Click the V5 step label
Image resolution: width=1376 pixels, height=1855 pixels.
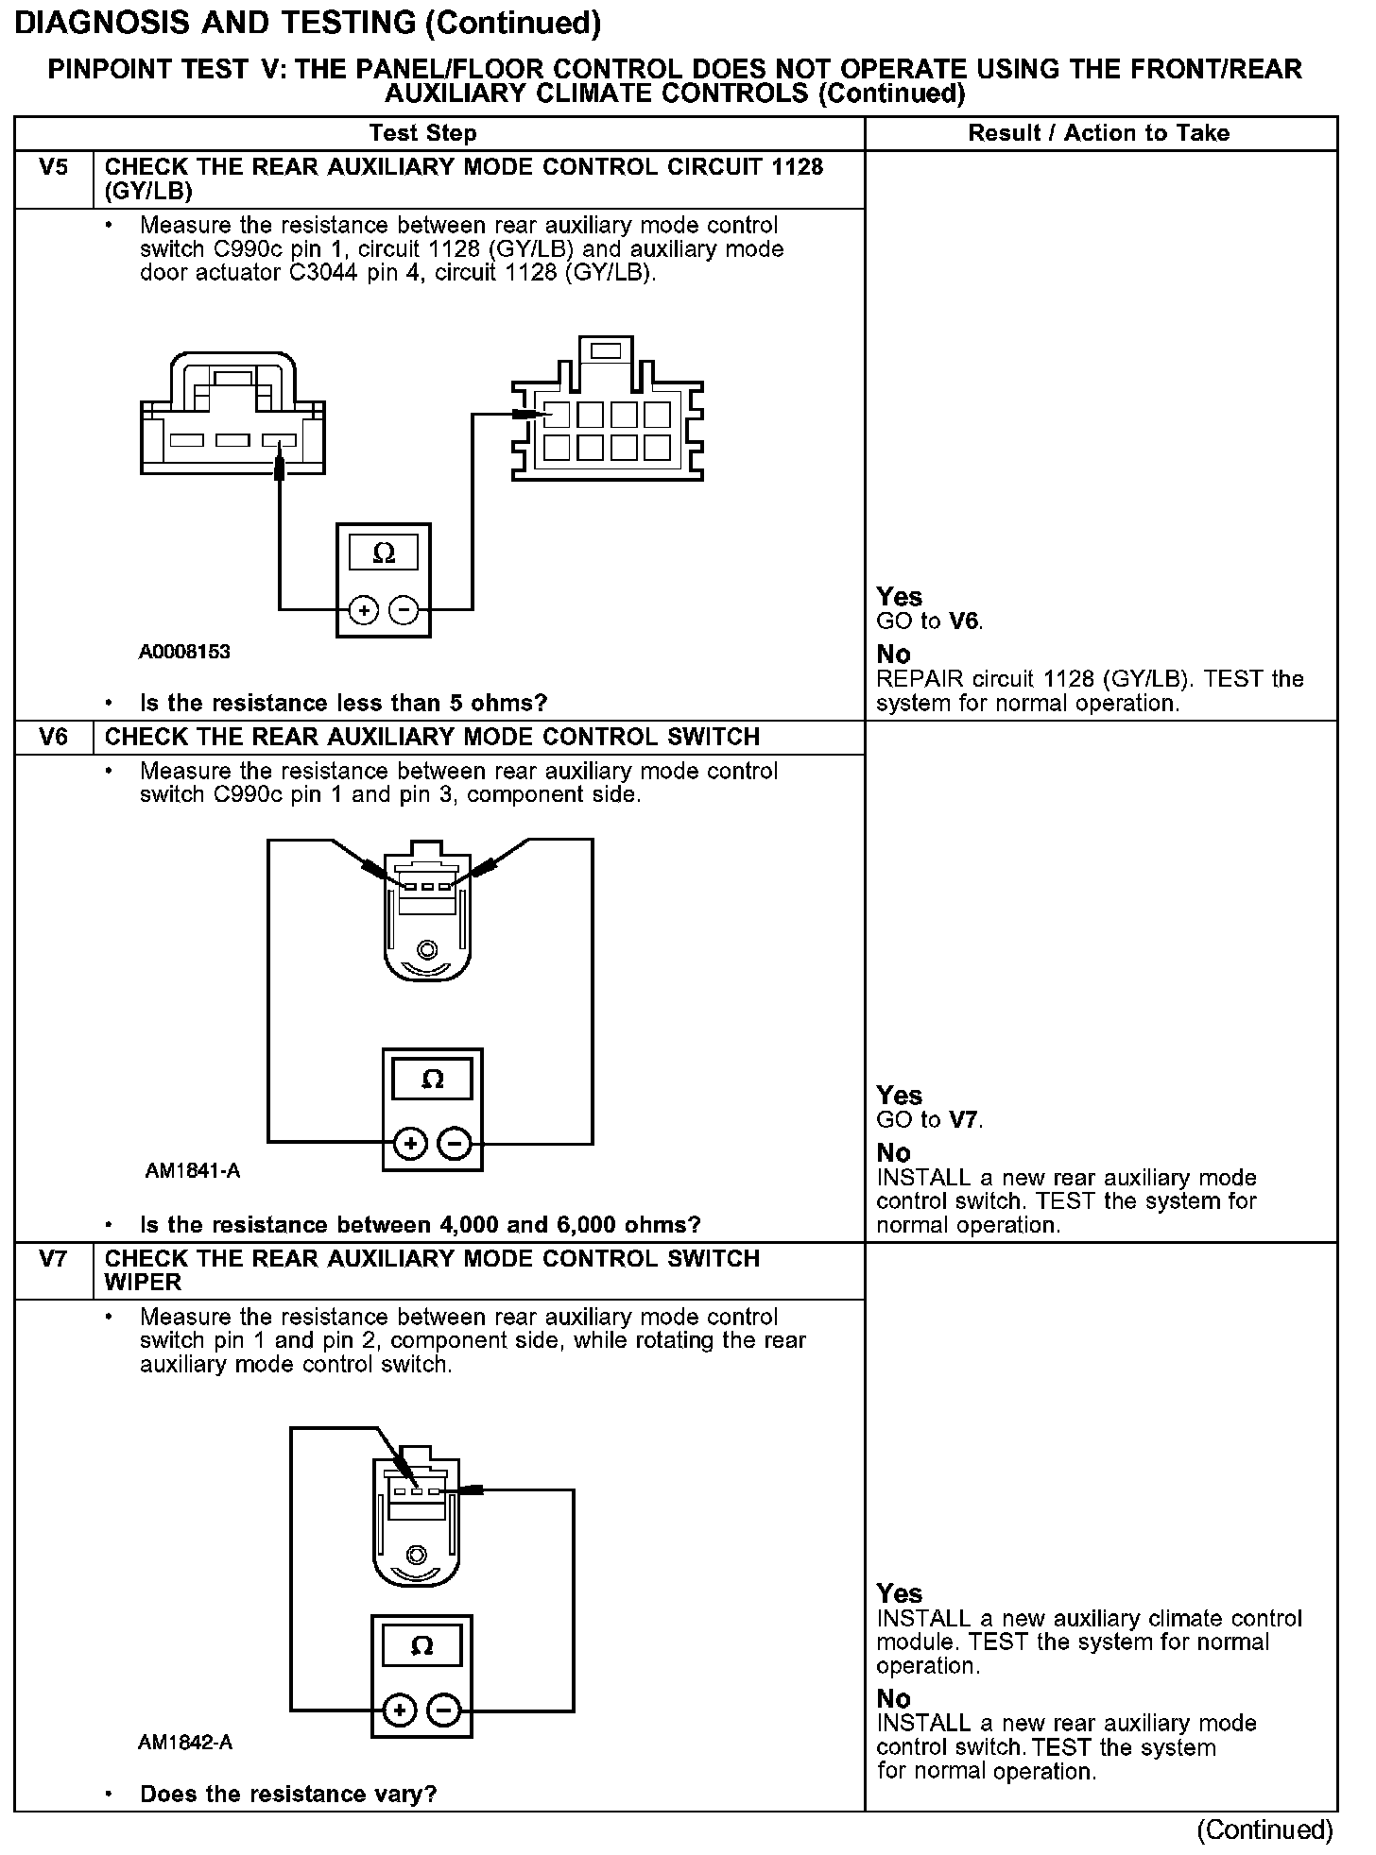[54, 168]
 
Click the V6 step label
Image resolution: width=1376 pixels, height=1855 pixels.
[54, 738]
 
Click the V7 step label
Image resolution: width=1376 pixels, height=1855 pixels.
[54, 1259]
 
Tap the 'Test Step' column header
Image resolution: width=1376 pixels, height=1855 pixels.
[422, 133]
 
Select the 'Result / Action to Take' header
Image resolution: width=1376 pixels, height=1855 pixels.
[1098, 133]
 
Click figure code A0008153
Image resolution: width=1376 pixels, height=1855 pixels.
[184, 652]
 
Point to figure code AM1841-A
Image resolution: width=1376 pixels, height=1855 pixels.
[192, 1171]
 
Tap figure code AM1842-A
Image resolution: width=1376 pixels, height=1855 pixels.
[185, 1743]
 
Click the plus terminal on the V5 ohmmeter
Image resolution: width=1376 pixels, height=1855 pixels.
[363, 611]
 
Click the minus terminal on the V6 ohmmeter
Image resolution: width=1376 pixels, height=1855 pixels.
[456, 1145]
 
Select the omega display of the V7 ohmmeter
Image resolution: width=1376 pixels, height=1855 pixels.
[422, 1646]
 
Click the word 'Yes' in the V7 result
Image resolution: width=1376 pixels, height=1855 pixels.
[899, 1594]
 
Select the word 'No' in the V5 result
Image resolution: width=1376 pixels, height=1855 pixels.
[893, 655]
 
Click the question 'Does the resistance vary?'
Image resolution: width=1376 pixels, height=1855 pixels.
[288, 1794]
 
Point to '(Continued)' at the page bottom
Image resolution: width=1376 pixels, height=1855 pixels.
[1264, 1830]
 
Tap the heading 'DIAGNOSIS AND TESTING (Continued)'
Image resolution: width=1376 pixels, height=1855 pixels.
[308, 23]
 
